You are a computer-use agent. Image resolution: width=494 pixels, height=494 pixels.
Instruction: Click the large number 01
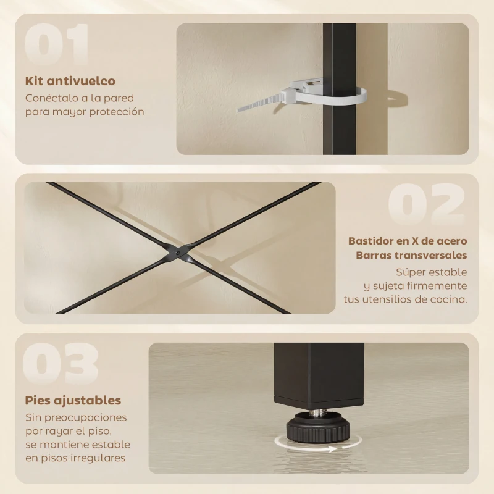pyautogui.click(x=57, y=46)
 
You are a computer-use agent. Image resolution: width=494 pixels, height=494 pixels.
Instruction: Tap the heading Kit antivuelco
pyautogui.click(x=70, y=81)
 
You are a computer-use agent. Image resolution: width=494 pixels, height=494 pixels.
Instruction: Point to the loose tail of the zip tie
pyautogui.click(x=259, y=103)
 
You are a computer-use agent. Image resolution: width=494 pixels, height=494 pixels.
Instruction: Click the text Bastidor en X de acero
pyautogui.click(x=408, y=240)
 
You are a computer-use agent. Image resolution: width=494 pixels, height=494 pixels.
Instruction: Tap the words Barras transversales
pyautogui.click(x=411, y=255)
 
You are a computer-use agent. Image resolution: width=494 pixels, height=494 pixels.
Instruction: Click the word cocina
pyautogui.click(x=450, y=299)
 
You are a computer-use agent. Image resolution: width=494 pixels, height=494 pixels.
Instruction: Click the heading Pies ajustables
pyautogui.click(x=73, y=401)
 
